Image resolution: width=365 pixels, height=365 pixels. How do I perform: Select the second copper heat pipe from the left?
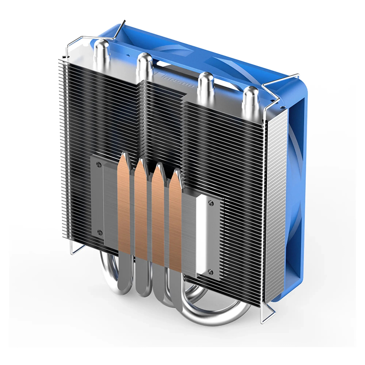[x=141, y=209]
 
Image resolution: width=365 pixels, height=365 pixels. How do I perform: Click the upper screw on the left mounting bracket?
[x=99, y=164]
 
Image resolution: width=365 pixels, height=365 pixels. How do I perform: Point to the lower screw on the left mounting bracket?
[x=99, y=232]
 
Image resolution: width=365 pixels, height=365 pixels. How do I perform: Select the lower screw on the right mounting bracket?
[x=210, y=272]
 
